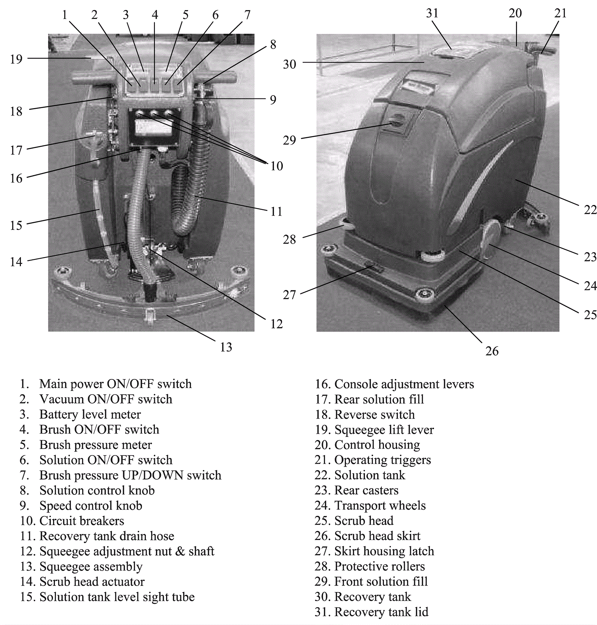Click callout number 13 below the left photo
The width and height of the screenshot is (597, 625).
tap(226, 347)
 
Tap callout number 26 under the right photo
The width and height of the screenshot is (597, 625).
tap(492, 351)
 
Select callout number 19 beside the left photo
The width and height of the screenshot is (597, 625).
tap(16, 59)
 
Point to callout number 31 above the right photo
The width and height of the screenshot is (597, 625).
tap(432, 13)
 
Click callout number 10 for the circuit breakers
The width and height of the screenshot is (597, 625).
tap(276, 166)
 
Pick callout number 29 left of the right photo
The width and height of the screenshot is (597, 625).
tap(289, 140)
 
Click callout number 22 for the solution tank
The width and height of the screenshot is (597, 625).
tap(590, 210)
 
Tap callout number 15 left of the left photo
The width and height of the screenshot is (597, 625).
tap(16, 225)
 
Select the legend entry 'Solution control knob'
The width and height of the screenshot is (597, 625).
tap(97, 490)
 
